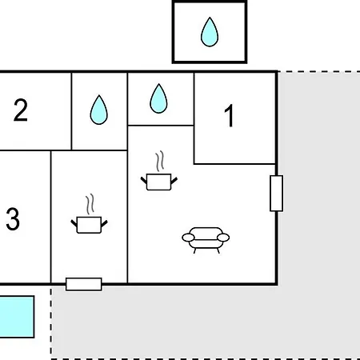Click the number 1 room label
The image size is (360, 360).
(230, 115)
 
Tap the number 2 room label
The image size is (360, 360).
(21, 110)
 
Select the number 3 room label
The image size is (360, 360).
(13, 219)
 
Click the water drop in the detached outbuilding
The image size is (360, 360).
(210, 32)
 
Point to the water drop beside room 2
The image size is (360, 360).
(99, 110)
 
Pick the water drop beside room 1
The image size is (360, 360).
(158, 98)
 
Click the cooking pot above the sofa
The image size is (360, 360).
(159, 182)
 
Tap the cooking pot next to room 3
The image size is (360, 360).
(89, 225)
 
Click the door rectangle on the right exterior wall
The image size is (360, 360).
(277, 194)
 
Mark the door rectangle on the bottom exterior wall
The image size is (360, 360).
(84, 284)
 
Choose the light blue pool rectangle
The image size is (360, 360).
(17, 317)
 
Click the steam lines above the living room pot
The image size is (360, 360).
(160, 162)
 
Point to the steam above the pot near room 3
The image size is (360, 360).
(90, 204)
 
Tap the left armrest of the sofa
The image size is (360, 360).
(188, 238)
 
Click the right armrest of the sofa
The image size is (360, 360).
(223, 238)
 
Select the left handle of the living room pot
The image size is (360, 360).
(144, 180)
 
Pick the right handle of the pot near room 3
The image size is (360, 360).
(104, 223)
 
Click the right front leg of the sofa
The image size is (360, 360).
(218, 250)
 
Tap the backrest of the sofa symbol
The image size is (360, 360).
(206, 231)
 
